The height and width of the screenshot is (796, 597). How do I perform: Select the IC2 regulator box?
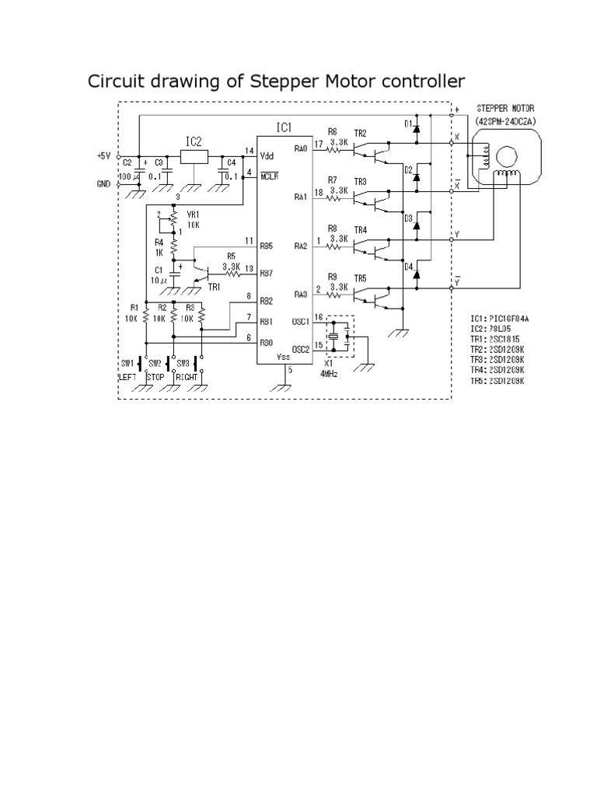click(x=194, y=156)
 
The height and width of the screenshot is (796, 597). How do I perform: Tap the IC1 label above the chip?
click(x=285, y=127)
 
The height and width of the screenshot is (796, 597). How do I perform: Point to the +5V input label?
click(x=104, y=155)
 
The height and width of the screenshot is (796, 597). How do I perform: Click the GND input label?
click(x=104, y=183)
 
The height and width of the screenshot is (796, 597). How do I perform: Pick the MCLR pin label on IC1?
click(x=269, y=176)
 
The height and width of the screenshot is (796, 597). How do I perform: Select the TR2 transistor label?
click(x=360, y=133)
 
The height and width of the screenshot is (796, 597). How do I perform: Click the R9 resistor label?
click(x=333, y=277)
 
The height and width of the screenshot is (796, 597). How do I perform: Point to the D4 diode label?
click(x=408, y=267)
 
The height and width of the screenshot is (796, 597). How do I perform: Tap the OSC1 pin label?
click(x=302, y=320)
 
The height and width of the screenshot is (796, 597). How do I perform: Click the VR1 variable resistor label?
click(x=193, y=215)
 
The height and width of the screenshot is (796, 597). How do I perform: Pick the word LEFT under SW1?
click(x=127, y=376)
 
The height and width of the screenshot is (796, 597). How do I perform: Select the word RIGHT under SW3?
click(x=187, y=376)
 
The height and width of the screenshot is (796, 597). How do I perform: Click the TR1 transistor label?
click(x=214, y=287)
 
